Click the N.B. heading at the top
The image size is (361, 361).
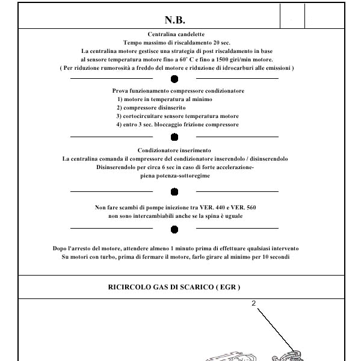pyautogui.click(x=175, y=20)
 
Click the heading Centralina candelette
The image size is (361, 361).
pyautogui.click(x=176, y=34)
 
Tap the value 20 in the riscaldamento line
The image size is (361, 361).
pyautogui.click(x=217, y=43)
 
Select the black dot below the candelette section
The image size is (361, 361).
pyautogui.click(x=174, y=79)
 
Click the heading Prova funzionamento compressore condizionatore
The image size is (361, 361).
pyautogui.click(x=178, y=91)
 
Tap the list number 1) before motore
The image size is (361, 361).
pyautogui.click(x=120, y=99)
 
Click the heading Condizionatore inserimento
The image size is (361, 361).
pyautogui.click(x=174, y=150)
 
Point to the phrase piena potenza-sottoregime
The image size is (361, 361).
pyautogui.click(x=175, y=176)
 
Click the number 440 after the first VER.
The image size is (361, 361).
pyautogui.click(x=220, y=208)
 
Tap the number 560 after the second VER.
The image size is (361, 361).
pyautogui.click(x=251, y=208)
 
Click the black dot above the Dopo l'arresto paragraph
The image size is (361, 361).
pyautogui.click(x=174, y=230)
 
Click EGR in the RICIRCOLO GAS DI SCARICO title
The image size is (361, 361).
pyautogui.click(x=228, y=288)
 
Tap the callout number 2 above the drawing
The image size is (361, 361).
pyautogui.click(x=253, y=303)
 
